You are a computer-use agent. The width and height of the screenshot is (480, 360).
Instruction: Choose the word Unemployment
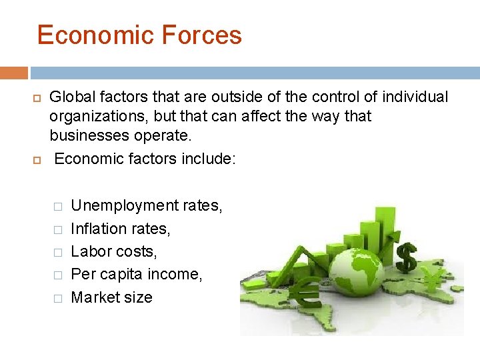[124, 205]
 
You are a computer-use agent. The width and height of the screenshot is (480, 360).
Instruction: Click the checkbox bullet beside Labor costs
[57, 253]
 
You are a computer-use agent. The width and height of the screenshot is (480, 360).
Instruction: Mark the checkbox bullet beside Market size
[57, 299]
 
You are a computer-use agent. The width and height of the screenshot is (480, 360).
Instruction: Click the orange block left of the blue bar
[14, 73]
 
